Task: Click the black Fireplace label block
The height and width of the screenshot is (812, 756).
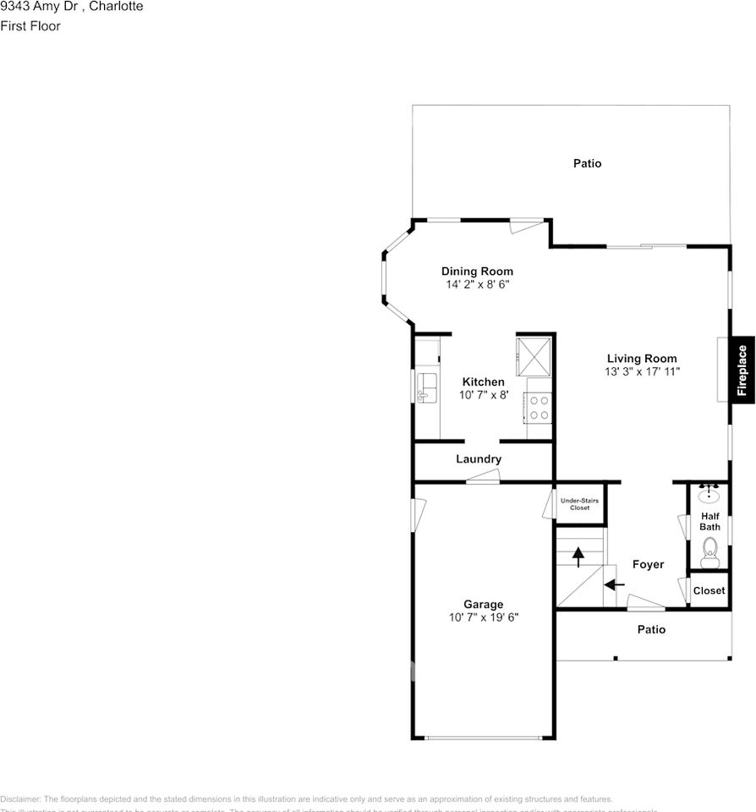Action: click(x=742, y=370)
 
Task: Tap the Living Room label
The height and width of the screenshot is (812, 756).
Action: click(x=642, y=359)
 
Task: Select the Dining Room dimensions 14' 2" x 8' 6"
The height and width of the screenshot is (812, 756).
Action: click(x=477, y=285)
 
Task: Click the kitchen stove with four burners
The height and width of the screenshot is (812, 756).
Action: click(x=538, y=408)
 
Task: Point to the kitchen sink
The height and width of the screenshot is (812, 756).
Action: click(x=426, y=388)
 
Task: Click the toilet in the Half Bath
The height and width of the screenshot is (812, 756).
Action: click(x=709, y=553)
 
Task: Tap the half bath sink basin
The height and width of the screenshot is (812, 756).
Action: click(x=709, y=495)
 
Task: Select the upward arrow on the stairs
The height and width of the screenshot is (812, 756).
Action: click(x=578, y=557)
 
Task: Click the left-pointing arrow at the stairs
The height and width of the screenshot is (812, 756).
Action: click(x=614, y=584)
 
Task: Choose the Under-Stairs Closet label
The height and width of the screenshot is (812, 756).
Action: click(x=579, y=504)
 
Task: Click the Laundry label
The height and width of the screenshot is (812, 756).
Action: click(x=479, y=459)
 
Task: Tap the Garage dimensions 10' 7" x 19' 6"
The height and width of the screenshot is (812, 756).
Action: click(x=483, y=617)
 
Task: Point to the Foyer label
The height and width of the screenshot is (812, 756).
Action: click(x=649, y=564)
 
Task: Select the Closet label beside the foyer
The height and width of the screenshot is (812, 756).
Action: click(x=709, y=590)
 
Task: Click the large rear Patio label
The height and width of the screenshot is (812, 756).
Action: click(x=587, y=163)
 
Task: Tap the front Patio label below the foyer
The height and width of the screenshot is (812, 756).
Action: click(x=651, y=629)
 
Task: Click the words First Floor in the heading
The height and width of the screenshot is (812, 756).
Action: click(x=30, y=26)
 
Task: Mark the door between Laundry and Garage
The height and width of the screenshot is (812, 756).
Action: click(x=483, y=478)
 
